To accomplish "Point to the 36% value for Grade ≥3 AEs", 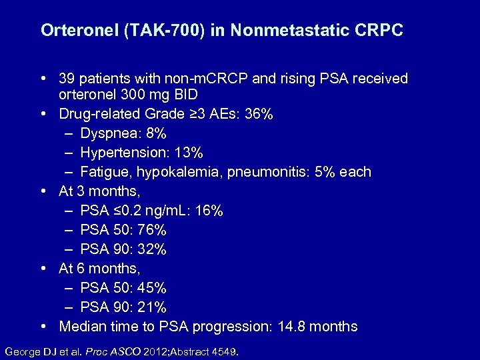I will click(259, 114).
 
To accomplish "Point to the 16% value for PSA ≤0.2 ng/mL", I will click(210, 211).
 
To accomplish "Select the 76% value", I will click(153, 230).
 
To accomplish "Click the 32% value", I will click(153, 249).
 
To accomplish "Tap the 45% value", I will click(153, 288).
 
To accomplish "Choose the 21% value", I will click(153, 307).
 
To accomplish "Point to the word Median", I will click(82, 327).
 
